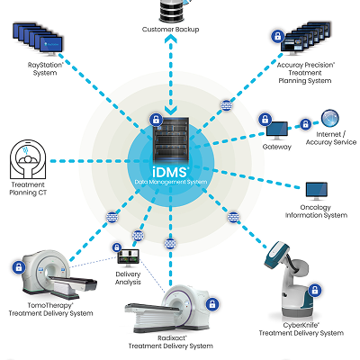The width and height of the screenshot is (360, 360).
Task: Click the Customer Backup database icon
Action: [172, 11]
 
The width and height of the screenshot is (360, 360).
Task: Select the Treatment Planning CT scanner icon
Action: [28, 159]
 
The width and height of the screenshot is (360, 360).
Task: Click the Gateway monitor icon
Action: [277, 130]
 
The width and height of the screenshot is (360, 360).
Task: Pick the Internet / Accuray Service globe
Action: [330, 119]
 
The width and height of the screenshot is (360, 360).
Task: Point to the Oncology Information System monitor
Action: [317, 191]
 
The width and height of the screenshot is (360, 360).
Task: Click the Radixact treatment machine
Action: [169, 309]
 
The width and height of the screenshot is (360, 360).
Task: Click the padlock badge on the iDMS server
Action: [156, 120]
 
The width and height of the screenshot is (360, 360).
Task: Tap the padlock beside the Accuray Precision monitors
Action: [278, 36]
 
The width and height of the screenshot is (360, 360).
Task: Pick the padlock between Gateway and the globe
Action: [305, 123]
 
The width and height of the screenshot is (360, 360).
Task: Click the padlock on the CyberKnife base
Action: [315, 291]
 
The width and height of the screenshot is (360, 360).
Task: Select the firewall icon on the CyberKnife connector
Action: [233, 217]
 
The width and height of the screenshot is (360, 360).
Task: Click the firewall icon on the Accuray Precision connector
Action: [227, 105]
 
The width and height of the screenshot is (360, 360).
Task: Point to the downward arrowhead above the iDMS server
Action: [171, 110]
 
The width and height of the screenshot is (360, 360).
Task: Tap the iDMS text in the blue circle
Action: [170, 172]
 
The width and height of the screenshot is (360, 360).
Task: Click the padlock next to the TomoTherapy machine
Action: [19, 266]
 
